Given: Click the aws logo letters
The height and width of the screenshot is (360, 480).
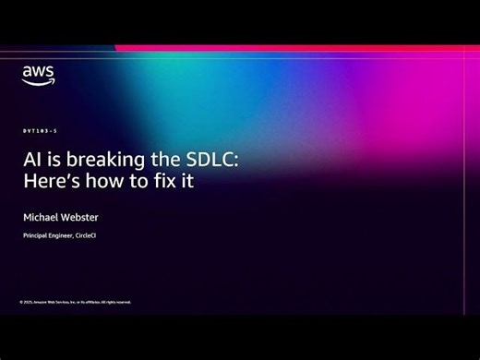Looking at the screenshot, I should point(38,72).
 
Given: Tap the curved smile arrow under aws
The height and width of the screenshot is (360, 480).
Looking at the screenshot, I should point(39,82).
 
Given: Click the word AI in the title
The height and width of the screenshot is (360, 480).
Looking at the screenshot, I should point(31,159).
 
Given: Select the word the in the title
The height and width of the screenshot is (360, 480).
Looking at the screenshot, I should point(159,159).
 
